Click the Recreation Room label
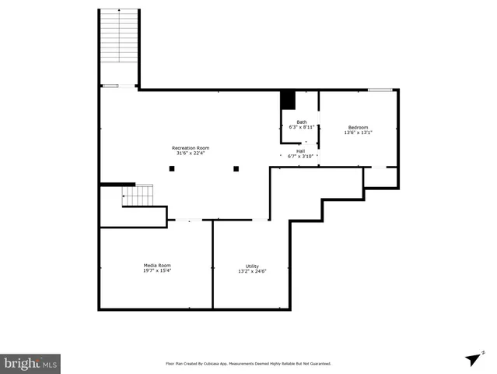click(191, 147)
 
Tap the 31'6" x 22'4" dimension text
click(191, 153)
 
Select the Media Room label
click(156, 265)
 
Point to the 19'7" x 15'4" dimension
click(156, 270)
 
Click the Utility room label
click(252, 266)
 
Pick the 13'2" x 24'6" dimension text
click(252, 271)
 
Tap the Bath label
click(301, 122)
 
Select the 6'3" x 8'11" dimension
click(301, 127)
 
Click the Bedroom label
click(358, 127)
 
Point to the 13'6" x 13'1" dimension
click(358, 132)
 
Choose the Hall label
click(300, 151)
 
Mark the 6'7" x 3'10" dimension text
click(300, 157)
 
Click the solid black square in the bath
click(288, 100)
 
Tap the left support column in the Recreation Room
click(172, 168)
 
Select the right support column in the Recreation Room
click(236, 168)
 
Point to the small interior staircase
click(138, 196)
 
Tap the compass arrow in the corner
click(472, 358)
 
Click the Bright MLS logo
click(30, 363)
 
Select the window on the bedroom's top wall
click(380, 90)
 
